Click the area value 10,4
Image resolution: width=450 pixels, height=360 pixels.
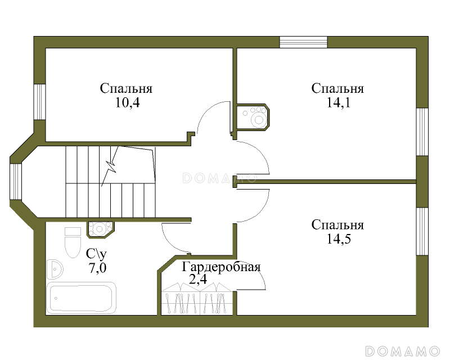click(x=128, y=102)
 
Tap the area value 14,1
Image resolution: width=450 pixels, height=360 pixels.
click(x=339, y=102)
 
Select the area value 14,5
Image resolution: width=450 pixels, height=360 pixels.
click(x=339, y=239)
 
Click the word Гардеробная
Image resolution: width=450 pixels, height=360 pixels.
click(x=221, y=267)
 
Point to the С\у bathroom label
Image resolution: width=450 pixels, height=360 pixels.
click(x=96, y=254)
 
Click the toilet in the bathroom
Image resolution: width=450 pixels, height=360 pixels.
click(x=73, y=242)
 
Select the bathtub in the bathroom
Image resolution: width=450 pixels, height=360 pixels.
click(x=82, y=298)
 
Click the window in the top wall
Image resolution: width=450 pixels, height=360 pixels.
click(x=303, y=42)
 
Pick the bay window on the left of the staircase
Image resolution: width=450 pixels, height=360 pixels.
click(x=16, y=182)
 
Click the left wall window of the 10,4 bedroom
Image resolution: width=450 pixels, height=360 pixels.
click(x=39, y=102)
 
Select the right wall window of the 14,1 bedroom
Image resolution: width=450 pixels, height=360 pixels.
click(x=422, y=132)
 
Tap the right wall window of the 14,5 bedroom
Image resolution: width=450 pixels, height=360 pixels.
click(x=422, y=231)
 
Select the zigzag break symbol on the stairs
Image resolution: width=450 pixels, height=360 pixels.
click(x=110, y=166)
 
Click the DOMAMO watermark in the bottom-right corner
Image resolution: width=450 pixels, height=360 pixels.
click(x=402, y=351)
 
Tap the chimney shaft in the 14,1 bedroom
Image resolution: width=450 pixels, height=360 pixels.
click(x=252, y=117)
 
